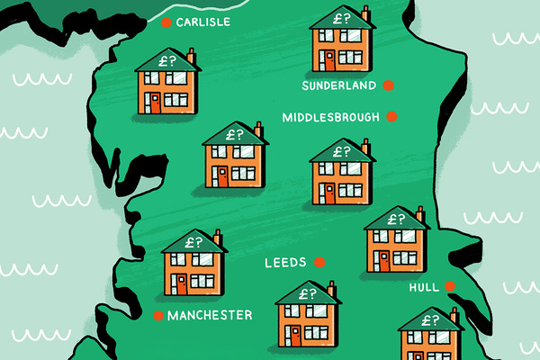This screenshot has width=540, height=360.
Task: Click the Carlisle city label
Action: click(204, 22)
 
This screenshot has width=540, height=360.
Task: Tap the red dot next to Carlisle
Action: click(166, 23)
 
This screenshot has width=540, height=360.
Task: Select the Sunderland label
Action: click(338, 87)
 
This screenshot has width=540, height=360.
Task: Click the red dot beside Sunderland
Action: click(388, 86)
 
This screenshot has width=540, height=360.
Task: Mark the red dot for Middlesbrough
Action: click(391, 116)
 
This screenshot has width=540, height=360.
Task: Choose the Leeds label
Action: click(284, 264)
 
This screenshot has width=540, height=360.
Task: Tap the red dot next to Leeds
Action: click(319, 263)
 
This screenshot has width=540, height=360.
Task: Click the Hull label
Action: click(422, 287)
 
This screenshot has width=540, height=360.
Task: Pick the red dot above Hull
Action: click(451, 287)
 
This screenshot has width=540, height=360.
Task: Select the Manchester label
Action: click(210, 315)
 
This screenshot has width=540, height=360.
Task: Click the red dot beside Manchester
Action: click(159, 315)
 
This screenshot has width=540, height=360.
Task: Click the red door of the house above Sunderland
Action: click(328, 60)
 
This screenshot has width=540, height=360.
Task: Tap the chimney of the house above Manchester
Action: click(217, 238)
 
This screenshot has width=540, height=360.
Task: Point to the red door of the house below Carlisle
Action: click(156, 102)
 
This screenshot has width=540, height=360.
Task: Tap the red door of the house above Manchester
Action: click(182, 284)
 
